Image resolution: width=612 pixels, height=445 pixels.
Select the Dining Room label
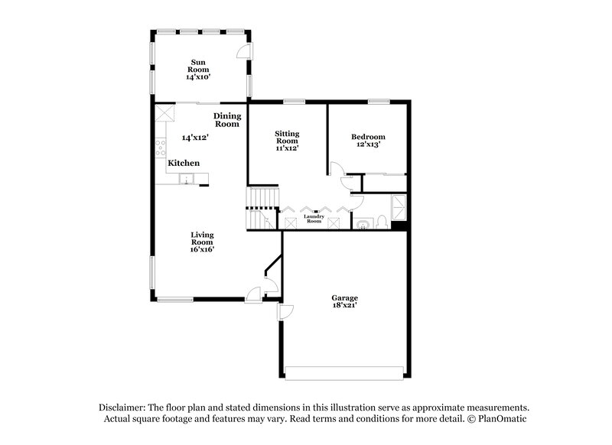tap(227, 119)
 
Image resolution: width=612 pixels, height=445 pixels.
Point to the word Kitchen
tap(184, 163)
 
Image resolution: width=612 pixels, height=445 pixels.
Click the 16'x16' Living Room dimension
tap(202, 248)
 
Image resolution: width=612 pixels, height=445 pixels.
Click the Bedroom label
tap(368, 137)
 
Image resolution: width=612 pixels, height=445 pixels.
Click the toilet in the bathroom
tap(381, 222)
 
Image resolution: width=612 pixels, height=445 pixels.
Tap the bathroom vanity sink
tap(361, 223)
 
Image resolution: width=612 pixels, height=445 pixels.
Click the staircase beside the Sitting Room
tap(261, 207)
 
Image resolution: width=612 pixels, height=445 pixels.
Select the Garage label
tap(344, 297)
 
